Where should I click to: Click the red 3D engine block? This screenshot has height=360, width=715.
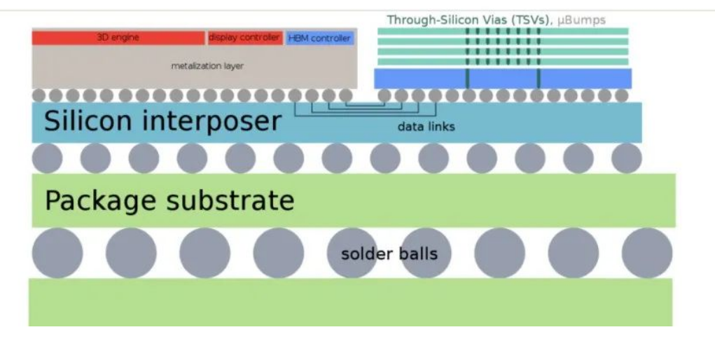(118, 38)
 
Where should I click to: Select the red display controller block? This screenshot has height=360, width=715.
(244, 38)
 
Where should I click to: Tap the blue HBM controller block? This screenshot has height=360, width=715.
(320, 38)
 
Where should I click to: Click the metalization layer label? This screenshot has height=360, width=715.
(207, 66)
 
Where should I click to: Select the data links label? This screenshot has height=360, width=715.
(426, 127)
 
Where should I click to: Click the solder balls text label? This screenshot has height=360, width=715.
(389, 253)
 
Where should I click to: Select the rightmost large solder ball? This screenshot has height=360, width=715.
(646, 253)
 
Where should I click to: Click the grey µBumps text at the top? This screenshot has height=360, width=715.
(580, 20)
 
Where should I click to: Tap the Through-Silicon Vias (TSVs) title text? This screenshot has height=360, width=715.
(467, 20)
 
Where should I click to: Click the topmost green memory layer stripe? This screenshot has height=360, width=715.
(503, 32)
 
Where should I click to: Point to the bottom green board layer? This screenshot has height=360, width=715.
(350, 302)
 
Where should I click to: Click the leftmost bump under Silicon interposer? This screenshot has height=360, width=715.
(47, 158)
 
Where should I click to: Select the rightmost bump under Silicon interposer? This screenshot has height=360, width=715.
(626, 158)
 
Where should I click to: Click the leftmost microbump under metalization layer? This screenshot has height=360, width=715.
(40, 95)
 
